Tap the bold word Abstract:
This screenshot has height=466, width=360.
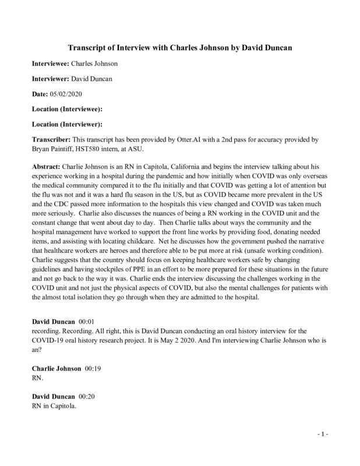click(x=46, y=166)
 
